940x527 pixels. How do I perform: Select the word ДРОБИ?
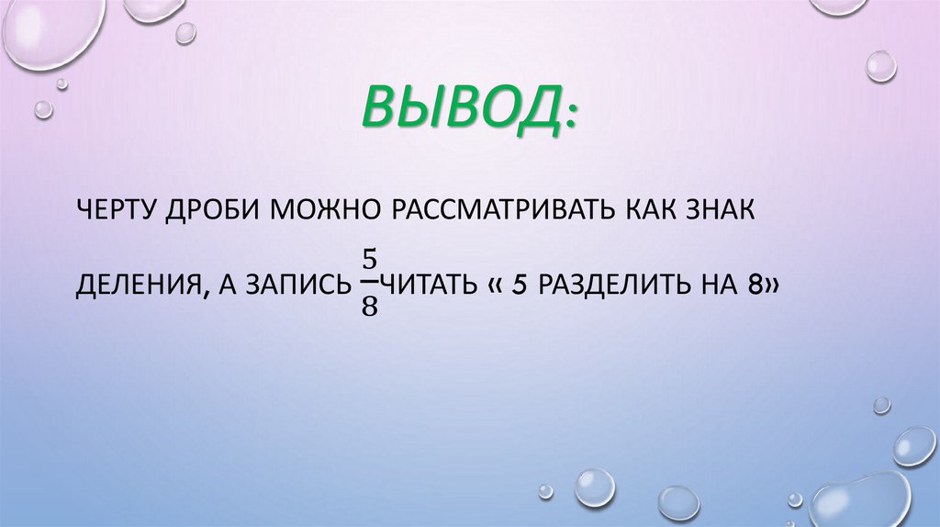(x=213, y=212)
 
